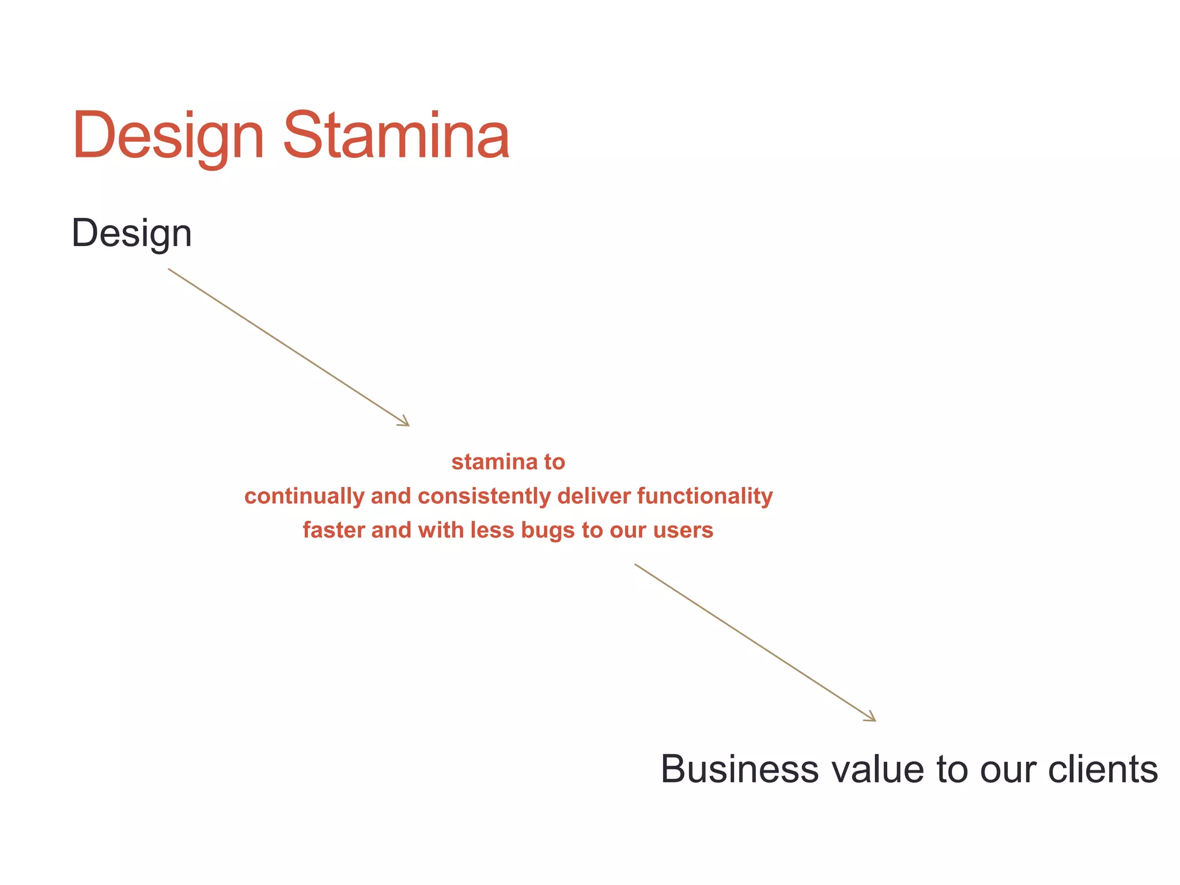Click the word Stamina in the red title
tap(396, 135)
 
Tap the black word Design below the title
tap(131, 234)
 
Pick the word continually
tap(304, 496)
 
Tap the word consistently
tap(485, 496)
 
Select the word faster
tap(334, 530)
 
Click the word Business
tap(739, 769)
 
